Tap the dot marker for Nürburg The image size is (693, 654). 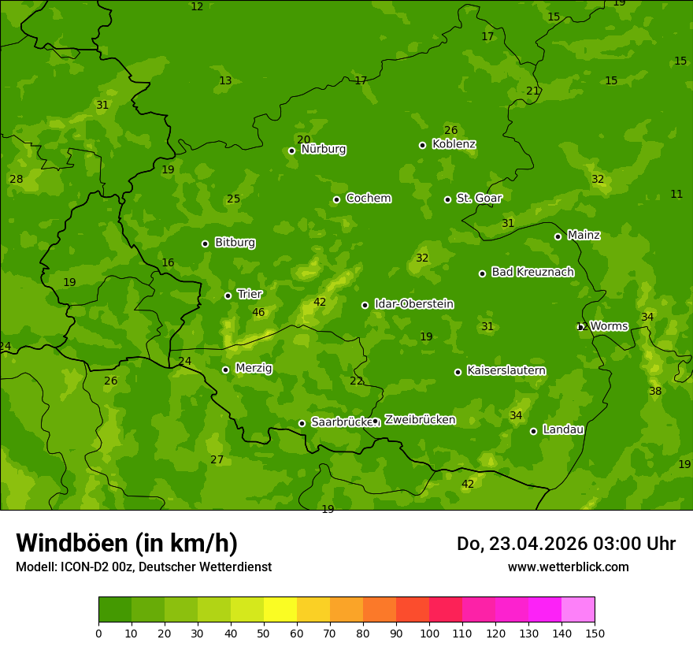pyautogui.click(x=291, y=150)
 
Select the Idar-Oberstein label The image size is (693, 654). pyautogui.click(x=413, y=304)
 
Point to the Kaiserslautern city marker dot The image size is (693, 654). pyautogui.click(x=458, y=372)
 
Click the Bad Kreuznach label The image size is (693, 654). pyautogui.click(x=532, y=272)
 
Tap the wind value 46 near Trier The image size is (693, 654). pyautogui.click(x=258, y=312)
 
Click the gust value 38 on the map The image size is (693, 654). pyautogui.click(x=655, y=391)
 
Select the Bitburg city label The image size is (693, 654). pyautogui.click(x=235, y=243)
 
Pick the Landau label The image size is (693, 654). pyautogui.click(x=563, y=429)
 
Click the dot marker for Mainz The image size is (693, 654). pyautogui.click(x=558, y=236)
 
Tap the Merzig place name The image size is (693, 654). pyautogui.click(x=254, y=368)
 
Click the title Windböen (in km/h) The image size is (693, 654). pyautogui.click(x=127, y=543)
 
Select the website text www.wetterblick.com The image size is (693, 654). pyautogui.click(x=568, y=567)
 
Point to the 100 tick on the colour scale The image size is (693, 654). pyautogui.click(x=429, y=632)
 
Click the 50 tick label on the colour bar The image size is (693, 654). pyautogui.click(x=264, y=632)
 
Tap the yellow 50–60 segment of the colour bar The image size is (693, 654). pyautogui.click(x=280, y=610)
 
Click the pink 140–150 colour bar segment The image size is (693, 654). pyautogui.click(x=578, y=610)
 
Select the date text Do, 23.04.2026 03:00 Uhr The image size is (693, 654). pyautogui.click(x=565, y=544)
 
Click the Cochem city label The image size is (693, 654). pyautogui.click(x=368, y=198)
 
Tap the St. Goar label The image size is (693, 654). pyautogui.click(x=479, y=198)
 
